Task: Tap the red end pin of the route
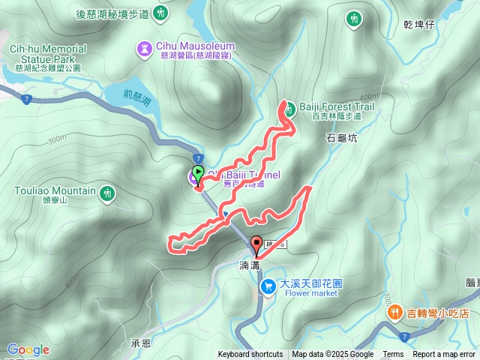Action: point(256,244)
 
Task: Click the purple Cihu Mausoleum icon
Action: point(143,49)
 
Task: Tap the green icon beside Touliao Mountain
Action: point(108,193)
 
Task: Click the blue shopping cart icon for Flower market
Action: point(267,287)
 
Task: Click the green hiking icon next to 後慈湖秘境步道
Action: point(161,13)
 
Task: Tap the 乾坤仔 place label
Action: point(418,24)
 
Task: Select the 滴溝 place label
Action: point(249,265)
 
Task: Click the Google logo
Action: point(28,350)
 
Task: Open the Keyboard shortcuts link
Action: point(250,355)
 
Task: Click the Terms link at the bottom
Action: point(393,355)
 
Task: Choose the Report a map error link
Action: point(445,355)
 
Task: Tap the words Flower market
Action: point(308,293)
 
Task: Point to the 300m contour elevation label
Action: point(56,140)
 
